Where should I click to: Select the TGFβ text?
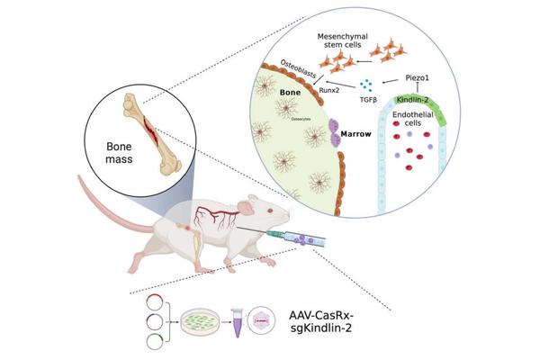click(x=367, y=99)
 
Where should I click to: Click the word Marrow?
click(x=355, y=138)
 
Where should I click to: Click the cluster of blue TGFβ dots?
click(x=367, y=85)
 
